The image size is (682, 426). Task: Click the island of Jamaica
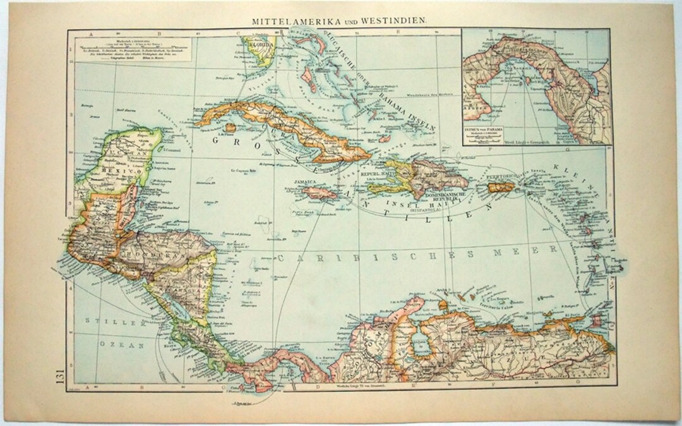click(319, 192)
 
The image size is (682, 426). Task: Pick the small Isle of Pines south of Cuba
click(230, 128)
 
